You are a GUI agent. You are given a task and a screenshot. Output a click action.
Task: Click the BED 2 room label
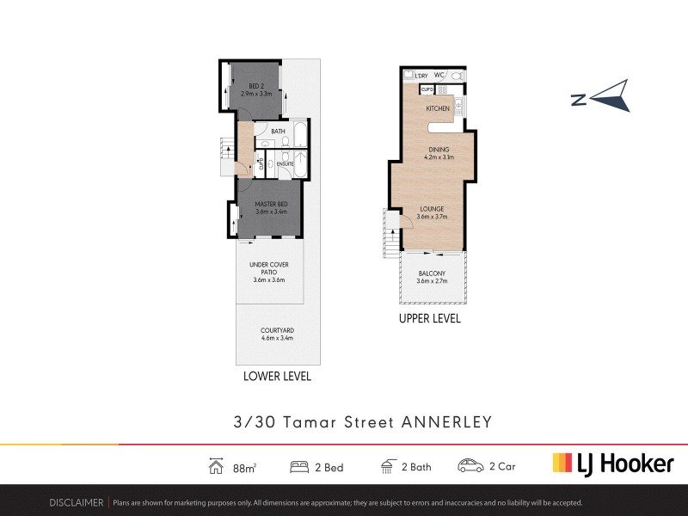click(x=257, y=86)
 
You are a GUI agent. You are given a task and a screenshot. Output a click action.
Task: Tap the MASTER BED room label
click(x=270, y=204)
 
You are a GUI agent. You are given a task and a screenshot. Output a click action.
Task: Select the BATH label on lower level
click(x=278, y=132)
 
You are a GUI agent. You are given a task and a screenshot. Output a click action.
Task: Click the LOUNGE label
click(x=432, y=209)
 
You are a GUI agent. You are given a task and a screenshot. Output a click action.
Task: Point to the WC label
click(x=439, y=76)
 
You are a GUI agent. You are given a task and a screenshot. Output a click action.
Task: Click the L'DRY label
click(x=421, y=76)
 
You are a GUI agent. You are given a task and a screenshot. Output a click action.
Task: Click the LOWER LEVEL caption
click(x=277, y=377)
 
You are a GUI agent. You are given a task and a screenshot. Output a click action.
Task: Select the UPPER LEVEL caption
click(x=429, y=318)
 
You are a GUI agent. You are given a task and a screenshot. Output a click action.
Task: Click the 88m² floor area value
click(x=245, y=467)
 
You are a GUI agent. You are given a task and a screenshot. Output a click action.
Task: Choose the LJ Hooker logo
click(x=612, y=464)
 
